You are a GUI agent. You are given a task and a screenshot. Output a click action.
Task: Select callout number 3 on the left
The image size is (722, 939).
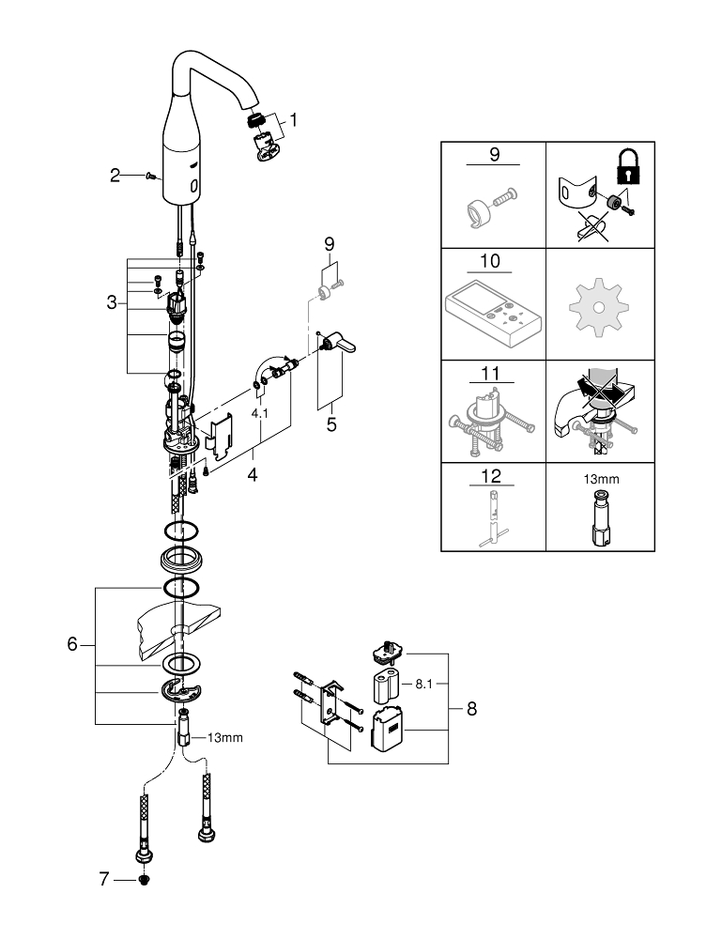(x=112, y=302)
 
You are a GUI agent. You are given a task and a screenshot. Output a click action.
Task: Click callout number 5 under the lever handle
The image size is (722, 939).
(x=330, y=423)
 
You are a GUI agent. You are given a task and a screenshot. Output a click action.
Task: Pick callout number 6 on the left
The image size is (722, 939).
(x=72, y=645)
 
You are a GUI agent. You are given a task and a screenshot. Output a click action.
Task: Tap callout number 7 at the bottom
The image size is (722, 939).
(x=105, y=879)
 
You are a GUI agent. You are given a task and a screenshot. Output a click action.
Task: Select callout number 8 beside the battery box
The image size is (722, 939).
(x=471, y=709)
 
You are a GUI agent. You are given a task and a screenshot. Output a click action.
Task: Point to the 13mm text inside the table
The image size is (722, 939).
(x=601, y=479)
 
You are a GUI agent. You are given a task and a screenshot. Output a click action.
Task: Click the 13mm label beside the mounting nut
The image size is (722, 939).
(x=225, y=737)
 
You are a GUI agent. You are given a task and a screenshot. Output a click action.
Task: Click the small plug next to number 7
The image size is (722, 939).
(x=144, y=880)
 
